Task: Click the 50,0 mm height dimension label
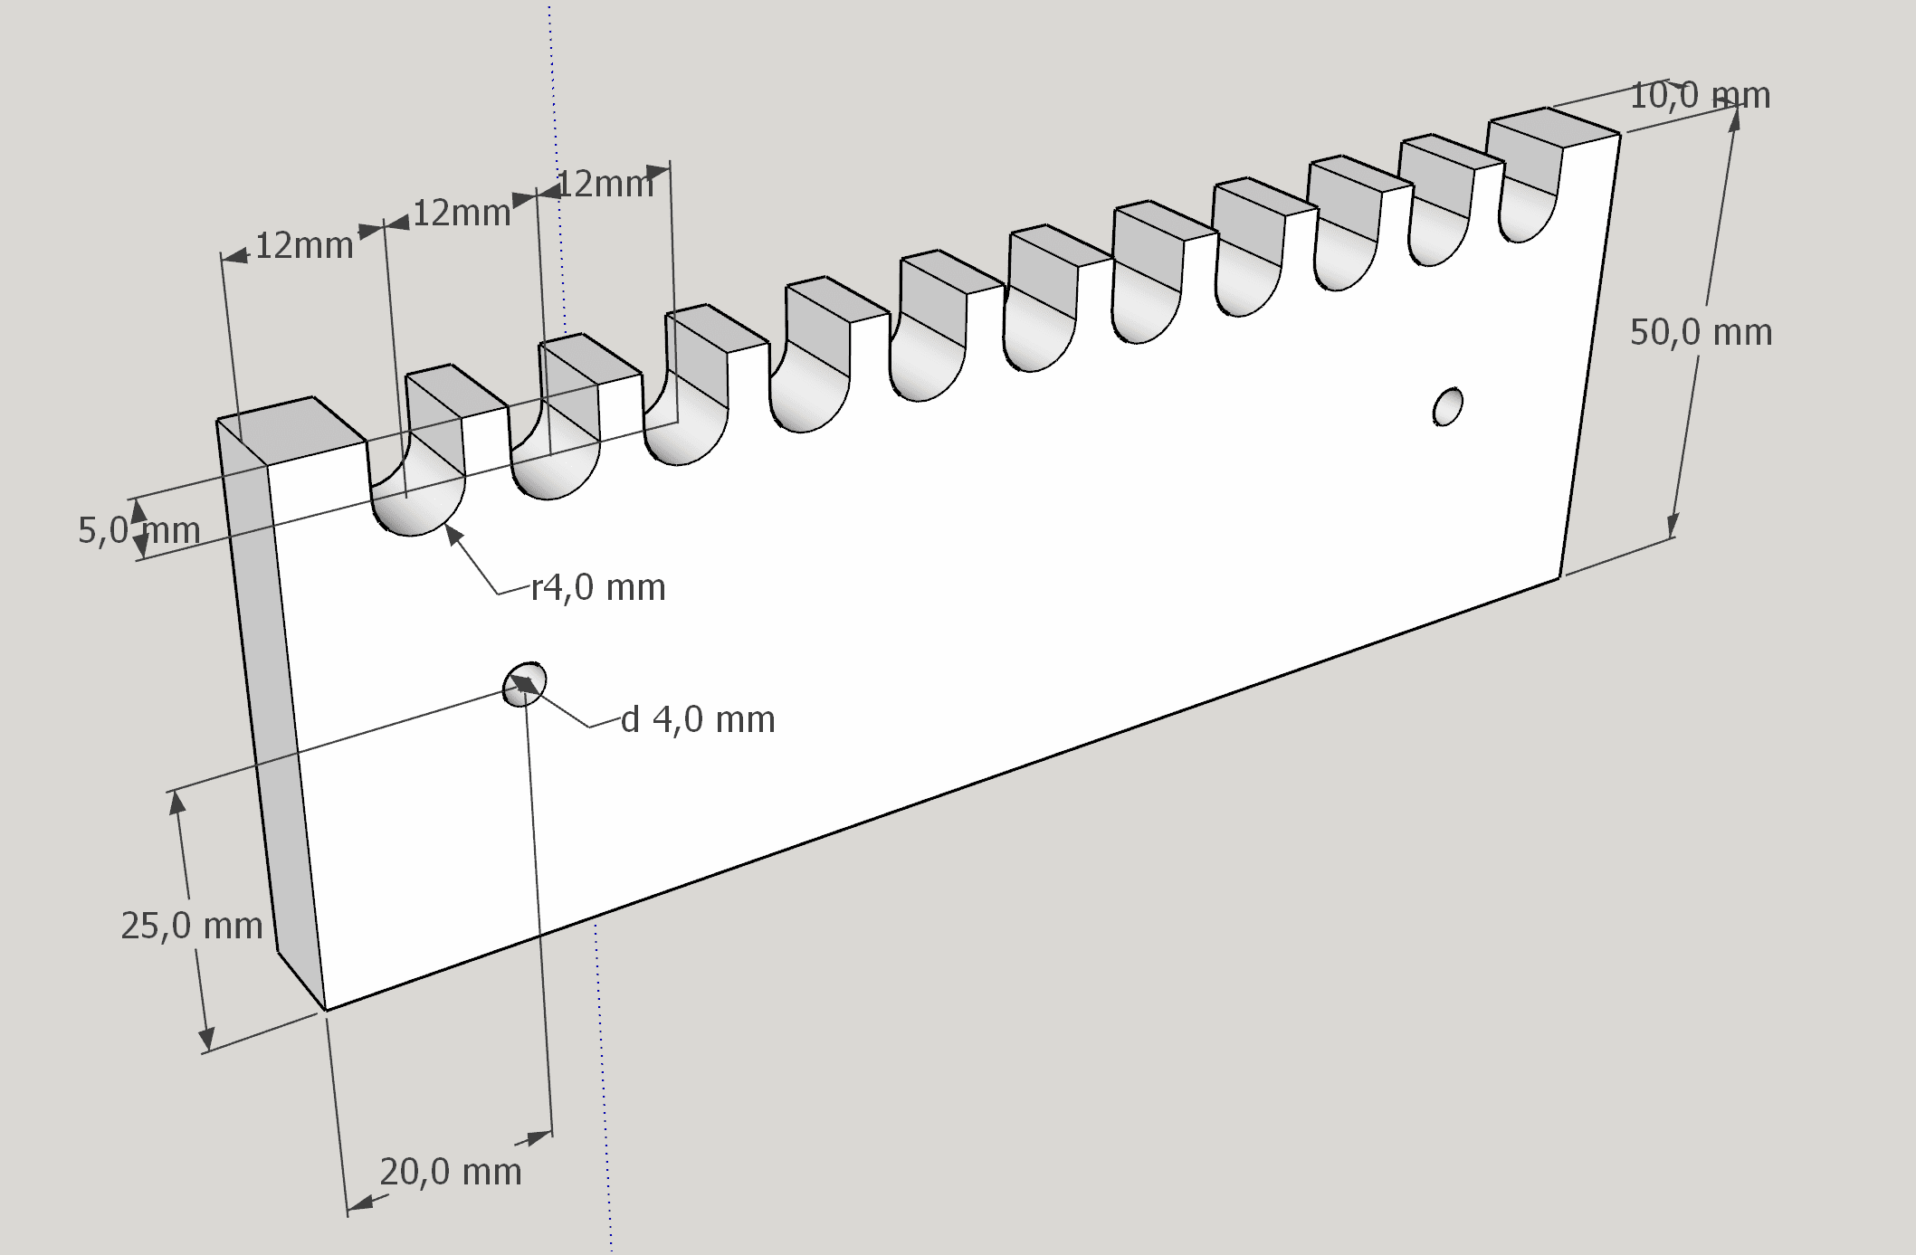tap(1701, 333)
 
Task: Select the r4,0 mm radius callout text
tap(598, 588)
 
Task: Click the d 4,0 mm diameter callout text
tap(698, 720)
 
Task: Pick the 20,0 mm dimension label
tap(451, 1173)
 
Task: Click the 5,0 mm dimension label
tap(139, 530)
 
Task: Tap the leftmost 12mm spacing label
tap(304, 246)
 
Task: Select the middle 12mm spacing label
tap(462, 214)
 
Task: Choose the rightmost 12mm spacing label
tap(605, 185)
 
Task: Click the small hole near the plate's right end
tap(1448, 406)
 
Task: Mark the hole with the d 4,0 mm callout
tap(526, 683)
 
